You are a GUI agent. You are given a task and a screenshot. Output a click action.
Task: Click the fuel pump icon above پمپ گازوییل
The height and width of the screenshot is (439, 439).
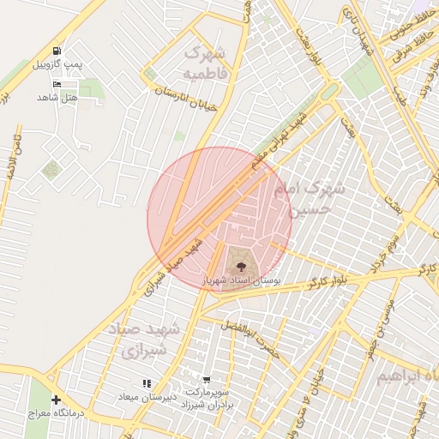click(x=57, y=51)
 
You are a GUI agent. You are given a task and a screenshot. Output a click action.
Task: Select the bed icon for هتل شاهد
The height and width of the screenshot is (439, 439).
click(x=57, y=84)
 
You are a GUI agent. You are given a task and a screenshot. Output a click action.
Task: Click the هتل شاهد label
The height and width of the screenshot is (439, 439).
click(x=57, y=98)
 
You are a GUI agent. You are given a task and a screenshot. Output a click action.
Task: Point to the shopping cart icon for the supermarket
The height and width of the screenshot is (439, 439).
click(x=207, y=379)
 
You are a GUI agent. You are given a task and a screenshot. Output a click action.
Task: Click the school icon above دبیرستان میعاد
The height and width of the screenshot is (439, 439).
click(x=147, y=383)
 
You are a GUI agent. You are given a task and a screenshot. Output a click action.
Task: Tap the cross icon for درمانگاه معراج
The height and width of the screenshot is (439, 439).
click(x=57, y=400)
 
